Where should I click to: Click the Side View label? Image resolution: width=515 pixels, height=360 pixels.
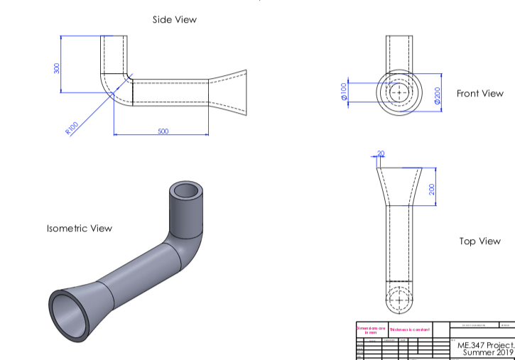coord(175,20)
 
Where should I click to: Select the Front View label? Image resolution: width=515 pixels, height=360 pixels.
coord(479,94)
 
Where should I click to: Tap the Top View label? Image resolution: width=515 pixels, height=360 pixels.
coord(479,241)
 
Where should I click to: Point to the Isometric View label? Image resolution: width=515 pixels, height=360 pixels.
coord(80,229)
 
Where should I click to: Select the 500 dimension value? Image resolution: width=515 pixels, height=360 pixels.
coord(163,131)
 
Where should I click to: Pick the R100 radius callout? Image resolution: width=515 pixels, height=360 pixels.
coord(72,129)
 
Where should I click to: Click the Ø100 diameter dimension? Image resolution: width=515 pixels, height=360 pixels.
coord(345,92)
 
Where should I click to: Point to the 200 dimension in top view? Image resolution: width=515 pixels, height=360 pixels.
coord(432,189)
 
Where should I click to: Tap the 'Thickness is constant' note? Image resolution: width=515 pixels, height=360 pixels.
coord(409,330)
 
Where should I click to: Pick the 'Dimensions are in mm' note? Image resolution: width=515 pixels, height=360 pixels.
coord(372,329)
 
